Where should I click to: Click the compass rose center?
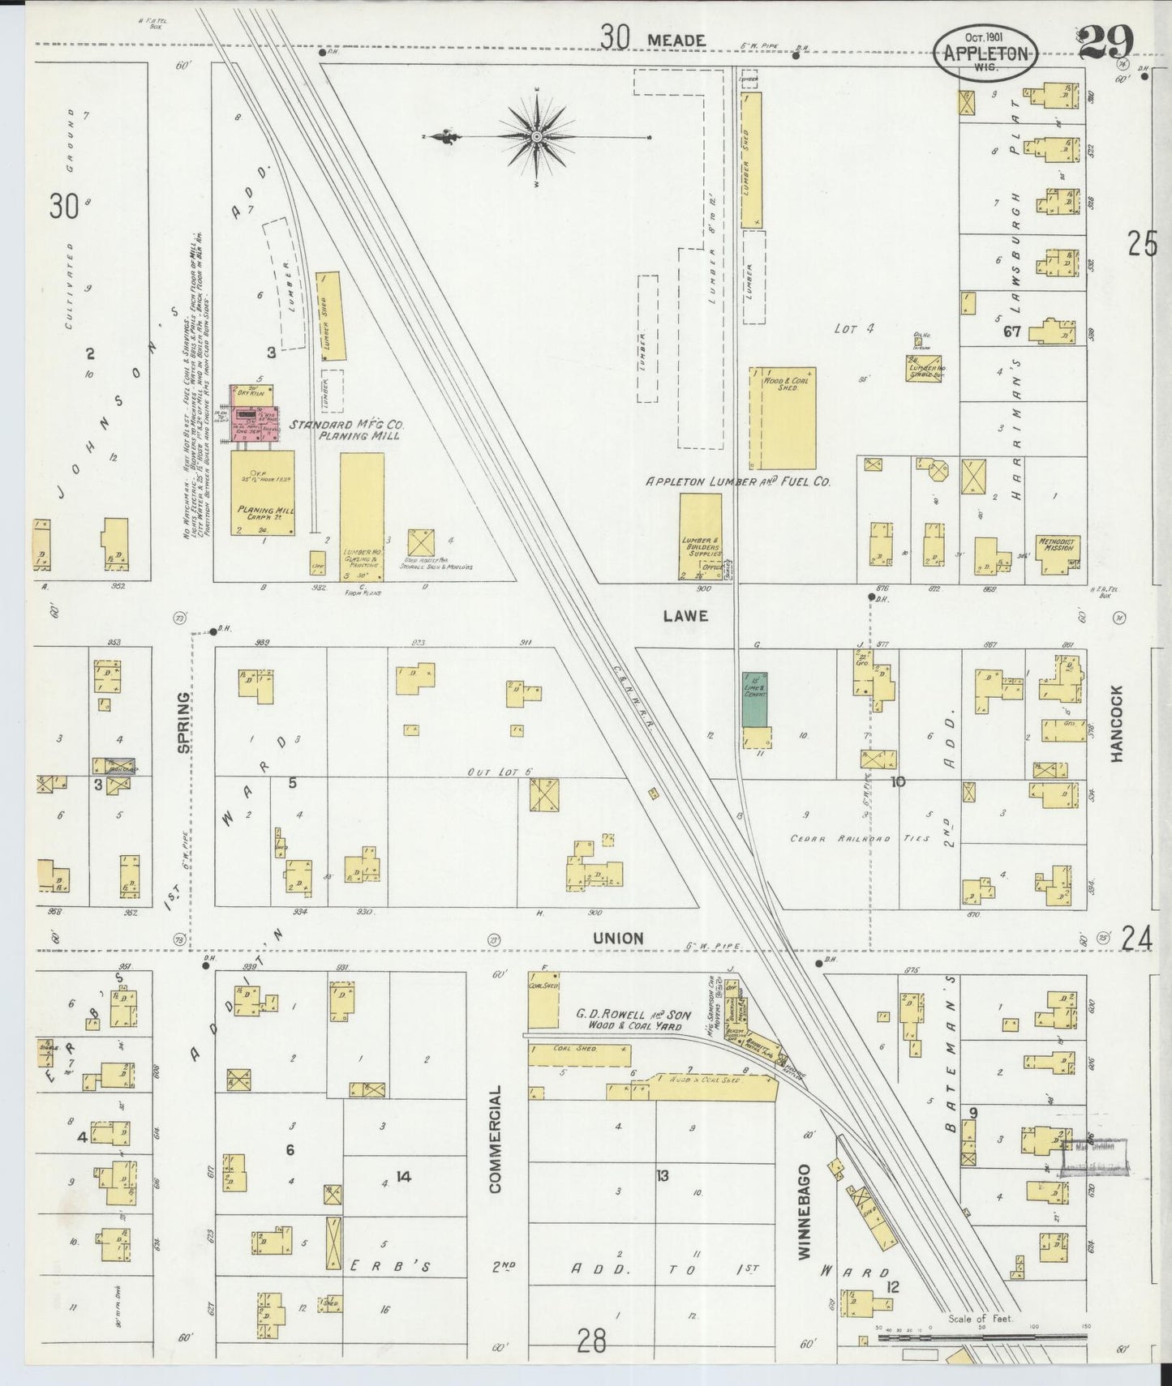coord(536,138)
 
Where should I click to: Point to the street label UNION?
coord(618,938)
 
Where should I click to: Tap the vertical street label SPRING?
coord(185,722)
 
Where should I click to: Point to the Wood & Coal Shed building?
coord(781,417)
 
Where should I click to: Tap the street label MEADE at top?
coord(676,39)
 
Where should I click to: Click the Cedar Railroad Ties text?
coord(860,838)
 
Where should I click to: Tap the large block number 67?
coord(1011,331)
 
